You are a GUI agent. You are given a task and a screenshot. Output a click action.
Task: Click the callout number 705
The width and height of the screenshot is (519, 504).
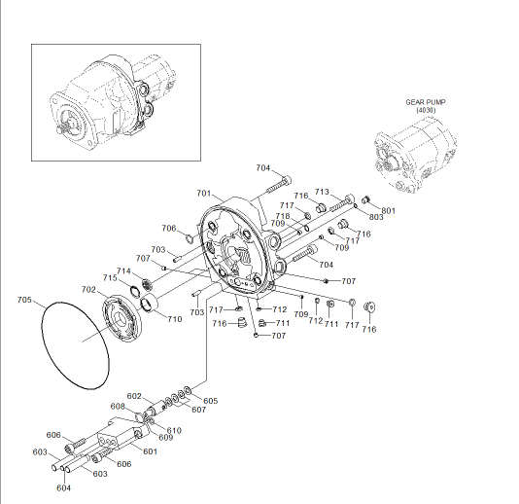click(x=24, y=300)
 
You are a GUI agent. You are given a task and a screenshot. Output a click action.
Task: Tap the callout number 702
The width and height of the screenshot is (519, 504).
click(x=88, y=290)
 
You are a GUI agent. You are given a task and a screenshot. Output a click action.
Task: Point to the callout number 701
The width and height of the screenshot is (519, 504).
click(x=203, y=194)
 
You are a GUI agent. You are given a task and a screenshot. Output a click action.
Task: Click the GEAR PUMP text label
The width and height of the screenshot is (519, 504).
click(x=426, y=102)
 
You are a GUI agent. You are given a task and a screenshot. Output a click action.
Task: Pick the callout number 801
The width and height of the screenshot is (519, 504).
click(x=388, y=211)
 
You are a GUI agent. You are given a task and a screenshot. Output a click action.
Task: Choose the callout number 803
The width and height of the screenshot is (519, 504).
click(x=376, y=217)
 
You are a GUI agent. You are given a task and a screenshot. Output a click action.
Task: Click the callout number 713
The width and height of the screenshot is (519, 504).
click(x=322, y=192)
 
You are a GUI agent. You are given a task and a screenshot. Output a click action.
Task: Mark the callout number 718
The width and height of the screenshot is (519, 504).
click(x=283, y=216)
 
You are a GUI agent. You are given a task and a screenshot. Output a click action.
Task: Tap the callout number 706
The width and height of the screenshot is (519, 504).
click(x=169, y=229)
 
